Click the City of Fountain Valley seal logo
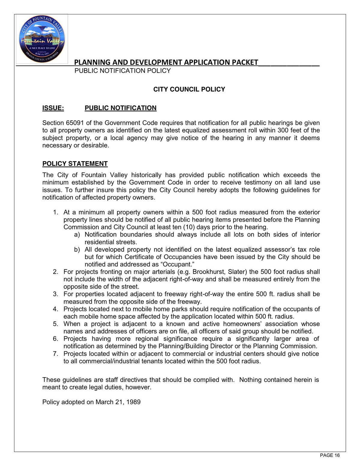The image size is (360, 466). click(41, 39)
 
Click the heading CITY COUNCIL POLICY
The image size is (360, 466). click(189, 89)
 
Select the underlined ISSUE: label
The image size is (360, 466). click(53, 108)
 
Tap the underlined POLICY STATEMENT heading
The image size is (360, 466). click(75, 164)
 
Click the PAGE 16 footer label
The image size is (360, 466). click(330, 455)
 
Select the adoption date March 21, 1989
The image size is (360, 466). click(118, 402)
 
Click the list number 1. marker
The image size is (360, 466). click(56, 212)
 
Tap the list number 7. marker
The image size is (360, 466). click(56, 354)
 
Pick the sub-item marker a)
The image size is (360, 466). click(77, 235)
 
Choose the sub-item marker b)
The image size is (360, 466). click(77, 250)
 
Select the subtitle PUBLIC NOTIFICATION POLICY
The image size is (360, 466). click(122, 71)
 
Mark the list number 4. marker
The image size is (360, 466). click(56, 309)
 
